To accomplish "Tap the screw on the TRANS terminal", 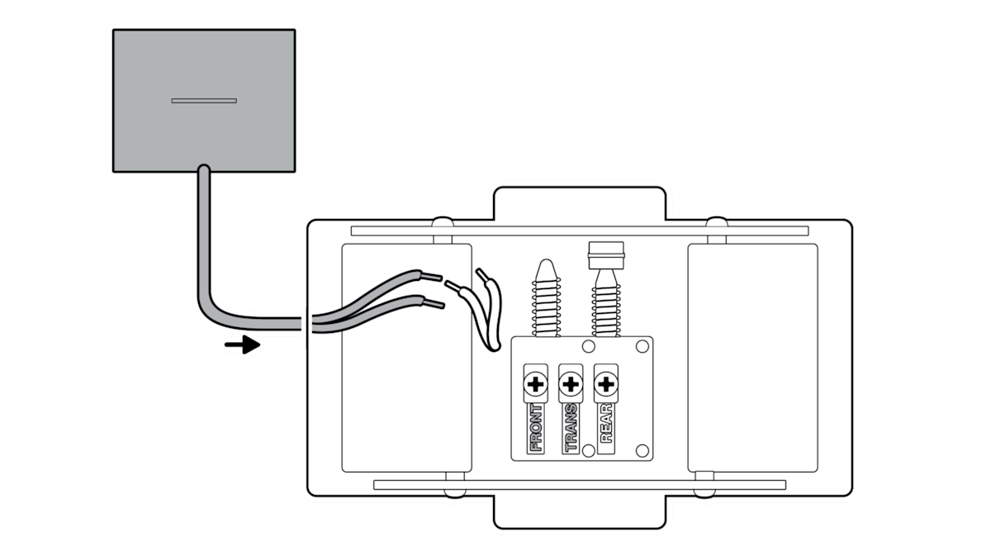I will click(571, 384).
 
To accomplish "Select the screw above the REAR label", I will click(606, 384).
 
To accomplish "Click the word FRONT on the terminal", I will click(536, 428).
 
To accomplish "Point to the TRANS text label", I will click(571, 428).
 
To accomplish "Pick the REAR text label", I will click(606, 425).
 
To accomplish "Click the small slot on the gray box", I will click(204, 101).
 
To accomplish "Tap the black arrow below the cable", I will click(241, 344).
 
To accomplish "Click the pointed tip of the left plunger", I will click(545, 270).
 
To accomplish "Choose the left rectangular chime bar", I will click(406, 357).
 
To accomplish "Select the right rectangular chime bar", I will click(752, 357).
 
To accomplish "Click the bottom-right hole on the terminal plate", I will click(641, 450).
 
